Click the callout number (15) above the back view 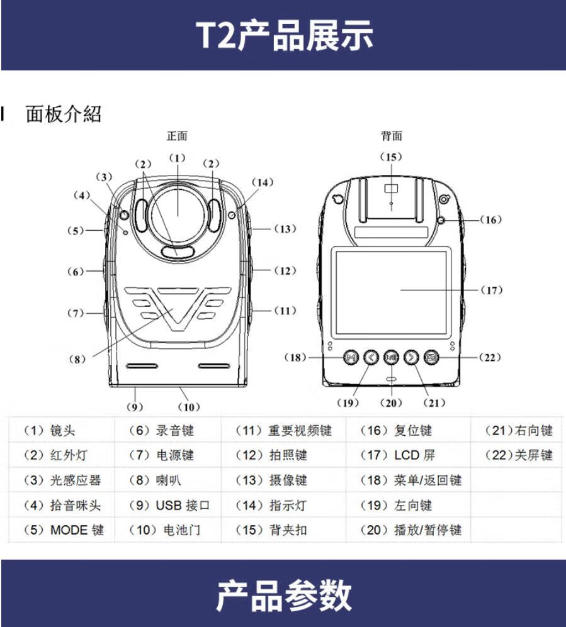tap(391, 157)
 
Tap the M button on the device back tap(351, 357)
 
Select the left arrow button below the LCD tap(371, 357)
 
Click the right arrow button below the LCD tap(411, 357)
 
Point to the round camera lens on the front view tap(178, 216)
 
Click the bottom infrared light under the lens tap(178, 252)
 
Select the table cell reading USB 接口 tap(169, 505)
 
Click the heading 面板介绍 tap(63, 114)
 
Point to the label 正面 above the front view tap(177, 136)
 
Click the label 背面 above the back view tap(391, 136)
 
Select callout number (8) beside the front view tap(77, 359)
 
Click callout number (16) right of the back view tap(490, 219)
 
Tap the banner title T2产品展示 tap(284, 35)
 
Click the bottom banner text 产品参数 tap(284, 596)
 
